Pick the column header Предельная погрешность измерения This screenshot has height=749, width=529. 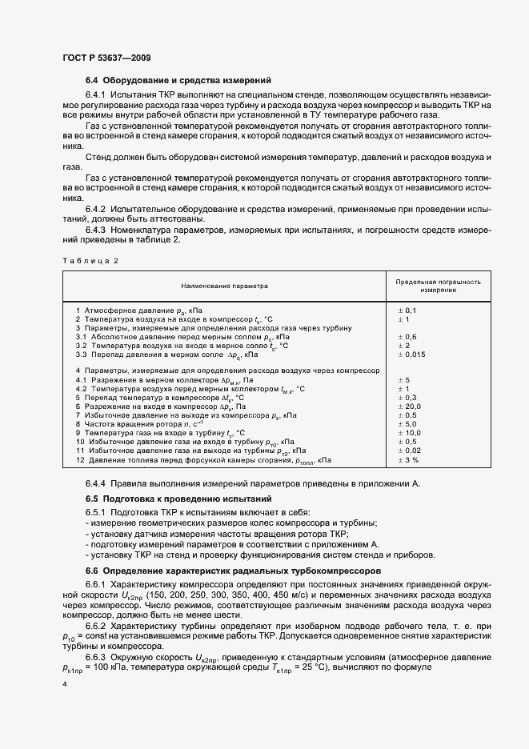[x=439, y=286]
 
